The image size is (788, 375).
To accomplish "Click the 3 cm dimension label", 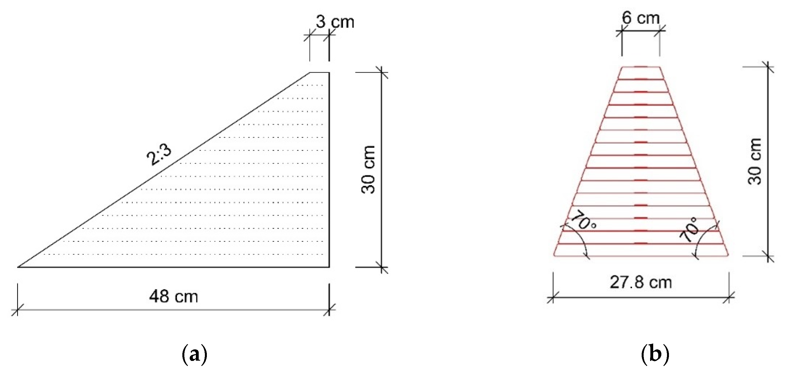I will click(x=335, y=22).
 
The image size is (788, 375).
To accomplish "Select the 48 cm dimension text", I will click(x=173, y=297).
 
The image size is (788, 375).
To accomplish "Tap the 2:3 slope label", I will click(x=159, y=155).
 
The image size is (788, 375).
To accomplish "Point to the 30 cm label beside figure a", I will click(x=368, y=169).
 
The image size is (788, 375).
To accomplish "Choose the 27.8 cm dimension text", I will click(x=641, y=282).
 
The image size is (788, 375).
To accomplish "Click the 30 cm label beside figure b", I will click(x=754, y=161).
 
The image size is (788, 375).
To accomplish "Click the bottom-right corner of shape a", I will click(x=329, y=267).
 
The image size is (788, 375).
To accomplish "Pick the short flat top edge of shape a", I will click(x=320, y=73).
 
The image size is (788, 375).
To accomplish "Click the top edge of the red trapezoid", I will click(x=641, y=67).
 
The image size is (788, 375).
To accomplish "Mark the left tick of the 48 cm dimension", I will click(x=17, y=310).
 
